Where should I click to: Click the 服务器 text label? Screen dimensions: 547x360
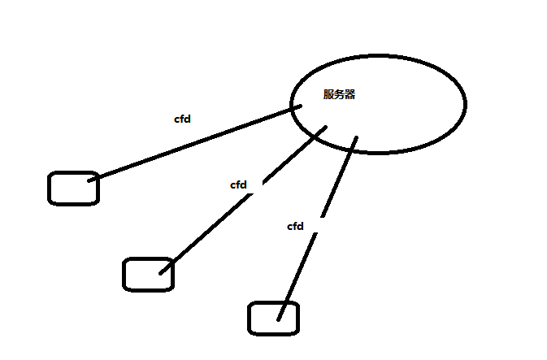(x=339, y=94)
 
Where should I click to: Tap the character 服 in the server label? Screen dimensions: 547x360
(x=328, y=94)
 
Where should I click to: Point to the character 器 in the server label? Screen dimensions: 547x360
(x=350, y=94)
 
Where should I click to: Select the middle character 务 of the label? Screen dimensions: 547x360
(x=339, y=94)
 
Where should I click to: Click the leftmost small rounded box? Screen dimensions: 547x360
(x=73, y=188)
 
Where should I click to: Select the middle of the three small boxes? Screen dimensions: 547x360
(x=148, y=274)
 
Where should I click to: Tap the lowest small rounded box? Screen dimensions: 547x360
(x=273, y=318)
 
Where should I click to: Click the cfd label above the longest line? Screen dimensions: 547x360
(x=183, y=119)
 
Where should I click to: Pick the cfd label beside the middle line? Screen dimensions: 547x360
(x=238, y=184)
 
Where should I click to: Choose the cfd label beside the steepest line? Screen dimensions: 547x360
(x=295, y=227)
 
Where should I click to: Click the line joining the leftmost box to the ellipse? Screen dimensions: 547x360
(x=187, y=144)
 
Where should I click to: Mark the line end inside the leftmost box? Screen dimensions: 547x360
(x=89, y=179)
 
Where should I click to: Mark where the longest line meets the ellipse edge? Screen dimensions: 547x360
(x=292, y=107)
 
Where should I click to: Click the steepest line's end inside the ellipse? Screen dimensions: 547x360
(x=356, y=139)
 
